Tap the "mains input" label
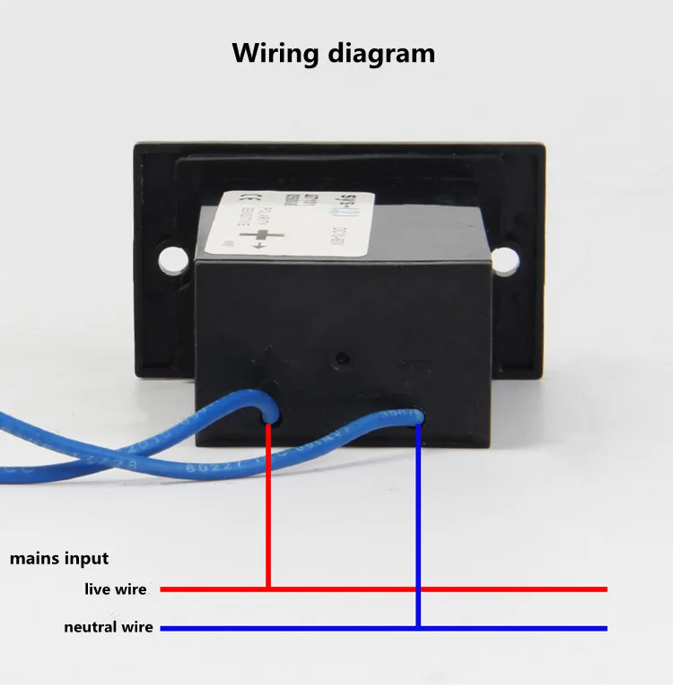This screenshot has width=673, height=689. pos(59,558)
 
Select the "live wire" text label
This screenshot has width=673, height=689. pos(116,589)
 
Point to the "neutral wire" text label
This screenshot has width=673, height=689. pos(109,627)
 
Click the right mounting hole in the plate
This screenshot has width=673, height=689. pos(505,260)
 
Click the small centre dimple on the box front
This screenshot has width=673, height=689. pos(341,359)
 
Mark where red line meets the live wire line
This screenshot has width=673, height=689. pos(269,589)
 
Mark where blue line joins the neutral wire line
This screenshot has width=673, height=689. pos(418,627)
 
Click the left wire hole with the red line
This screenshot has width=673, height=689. pos(269,414)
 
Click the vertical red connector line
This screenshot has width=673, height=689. pos(269,502)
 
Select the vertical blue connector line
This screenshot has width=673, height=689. pos(418,520)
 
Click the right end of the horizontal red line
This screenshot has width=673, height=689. pos(606,589)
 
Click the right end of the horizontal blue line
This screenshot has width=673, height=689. pos(606,627)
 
